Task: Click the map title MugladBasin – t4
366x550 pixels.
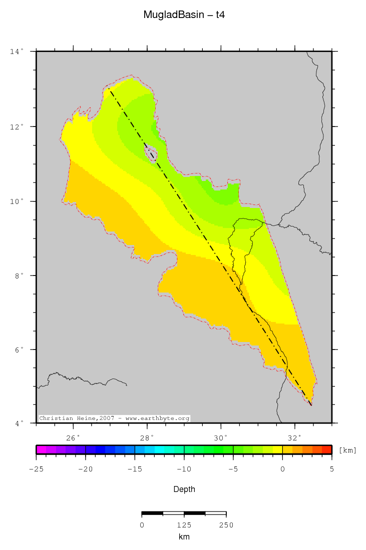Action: [x=184, y=15]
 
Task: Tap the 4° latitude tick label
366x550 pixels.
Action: [x=18, y=424]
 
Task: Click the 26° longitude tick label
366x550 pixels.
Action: [x=74, y=438]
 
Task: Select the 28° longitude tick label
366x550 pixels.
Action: [x=147, y=438]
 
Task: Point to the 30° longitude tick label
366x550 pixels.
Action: [x=221, y=438]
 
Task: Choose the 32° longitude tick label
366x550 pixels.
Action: [x=295, y=438]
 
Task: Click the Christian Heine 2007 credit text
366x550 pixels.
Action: [x=114, y=418]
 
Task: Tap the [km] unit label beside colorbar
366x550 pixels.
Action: [x=347, y=450]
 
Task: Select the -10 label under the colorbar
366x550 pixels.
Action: [x=183, y=469]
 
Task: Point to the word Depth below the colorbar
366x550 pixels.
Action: [x=184, y=489]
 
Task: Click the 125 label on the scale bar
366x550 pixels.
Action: [x=184, y=525]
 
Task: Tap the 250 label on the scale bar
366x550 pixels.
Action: [x=226, y=525]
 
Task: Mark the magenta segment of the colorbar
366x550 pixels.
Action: [x=41, y=449]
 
